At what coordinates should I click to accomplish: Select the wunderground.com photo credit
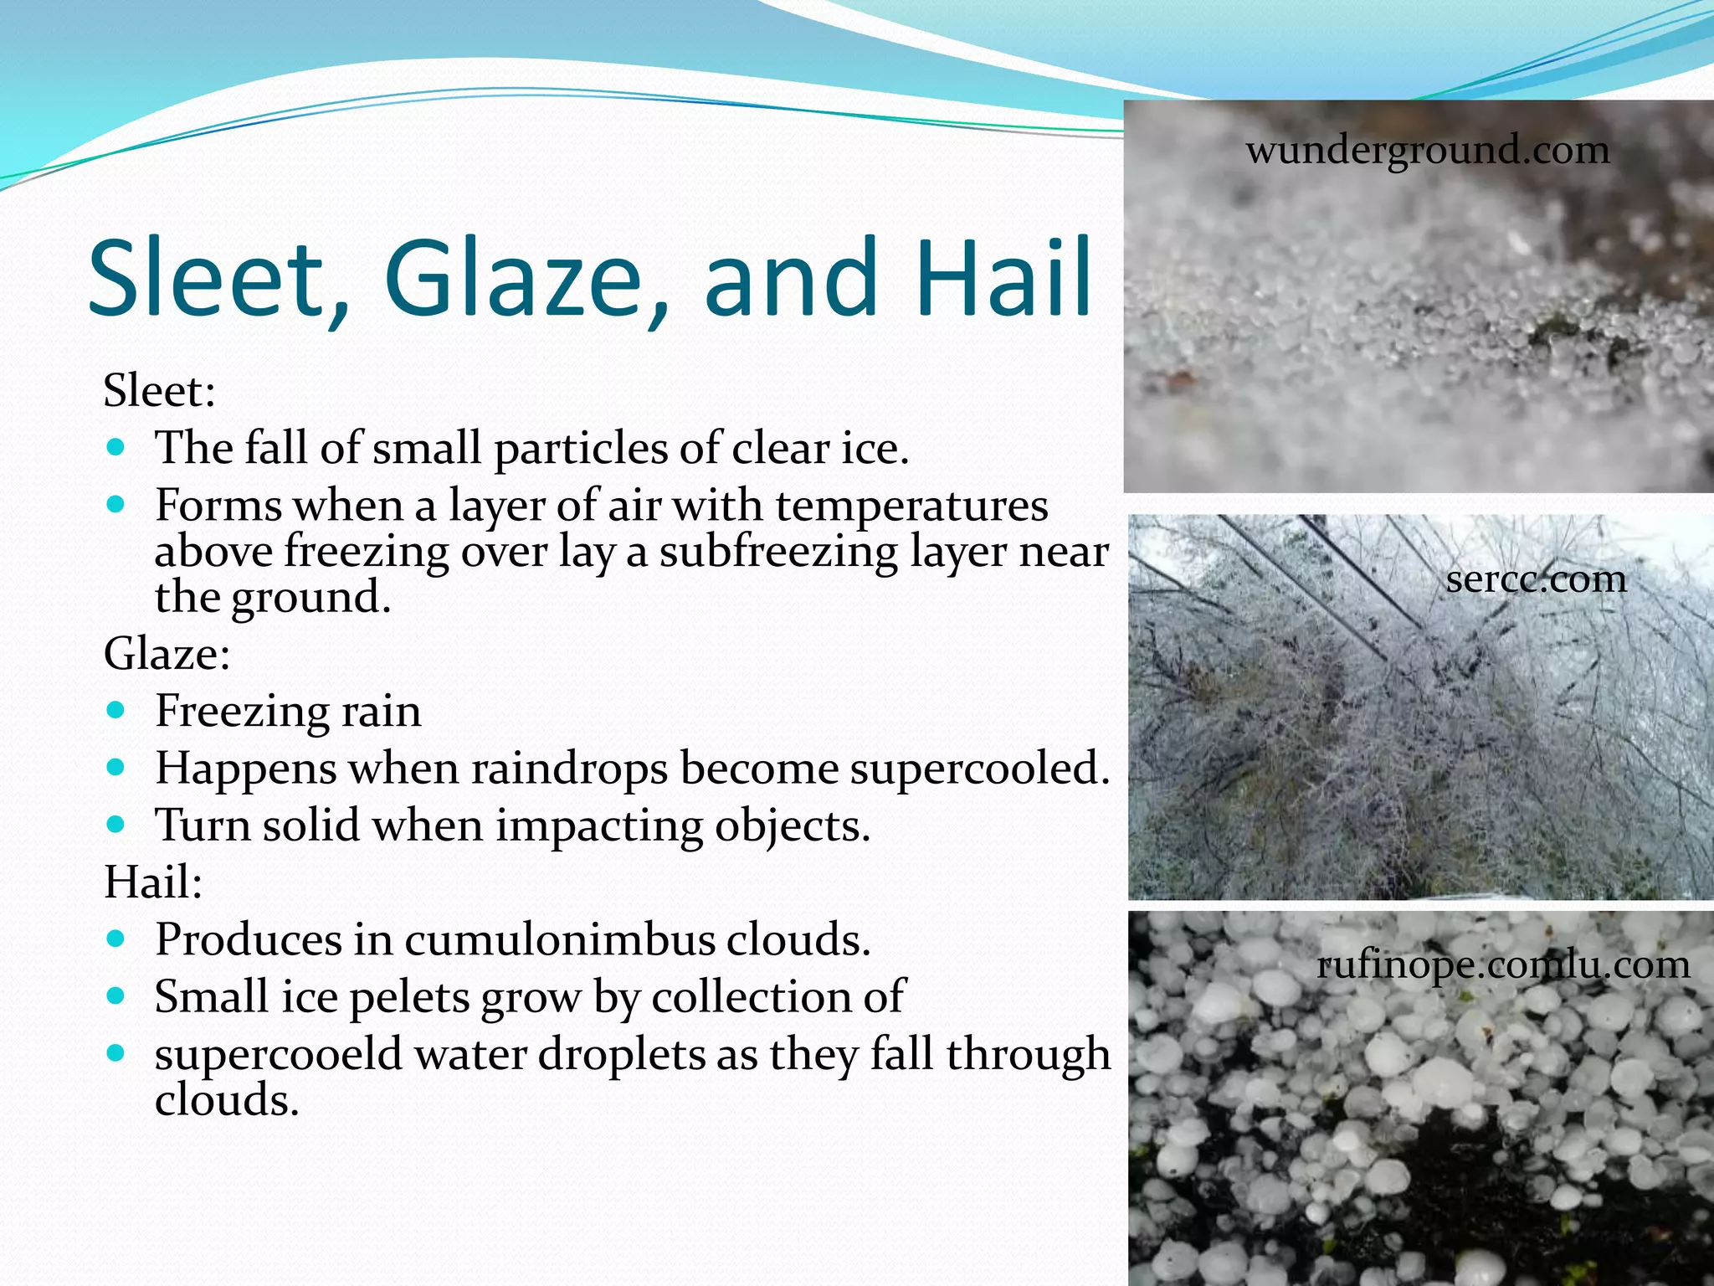pos(1428,151)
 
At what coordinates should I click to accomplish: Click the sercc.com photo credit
pos(1537,579)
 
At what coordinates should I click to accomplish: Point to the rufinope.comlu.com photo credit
pos(1503,965)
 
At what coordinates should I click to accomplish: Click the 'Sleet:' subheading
pos(160,391)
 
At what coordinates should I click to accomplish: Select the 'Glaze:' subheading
pos(167,654)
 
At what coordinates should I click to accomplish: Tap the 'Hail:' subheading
pos(153,882)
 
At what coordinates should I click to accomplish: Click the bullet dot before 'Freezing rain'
pos(116,711)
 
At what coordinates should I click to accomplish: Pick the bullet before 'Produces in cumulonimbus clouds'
pos(116,939)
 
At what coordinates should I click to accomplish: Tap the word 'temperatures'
pos(911,506)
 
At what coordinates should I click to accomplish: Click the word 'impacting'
pos(599,826)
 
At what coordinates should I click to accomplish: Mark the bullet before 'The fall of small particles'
pos(116,447)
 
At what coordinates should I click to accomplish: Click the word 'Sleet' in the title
pos(218,278)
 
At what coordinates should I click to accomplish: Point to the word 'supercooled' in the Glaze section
pos(979,768)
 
